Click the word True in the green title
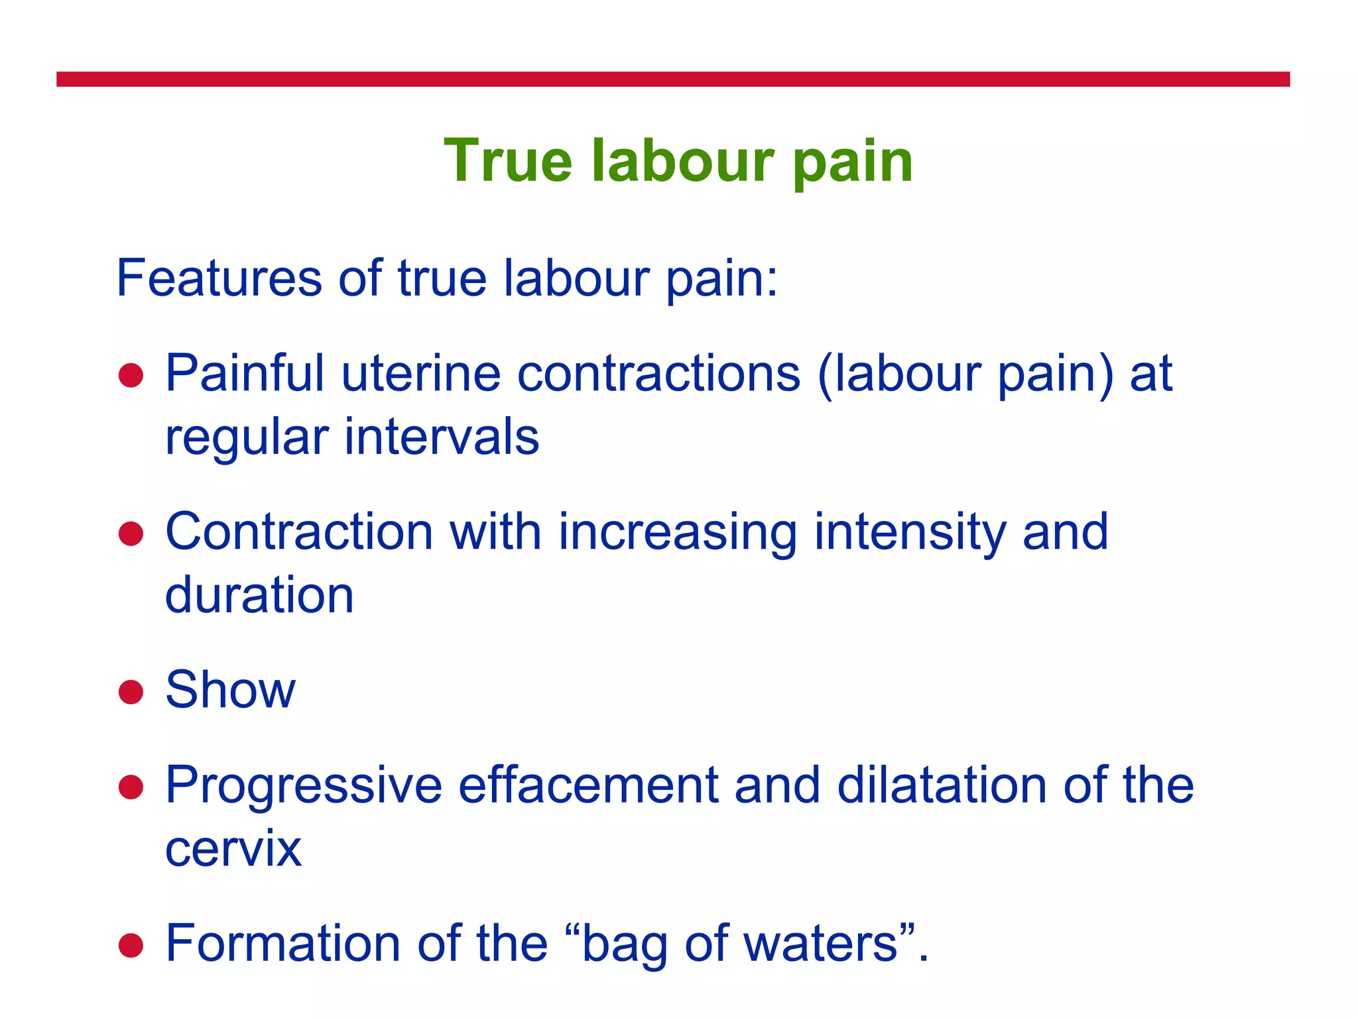point(507,161)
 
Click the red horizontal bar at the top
point(672,80)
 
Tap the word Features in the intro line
point(219,278)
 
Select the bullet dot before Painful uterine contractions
point(131,375)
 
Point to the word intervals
point(441,437)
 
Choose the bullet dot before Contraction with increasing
point(131,534)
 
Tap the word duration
point(259,595)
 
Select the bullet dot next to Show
point(131,692)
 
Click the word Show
point(230,691)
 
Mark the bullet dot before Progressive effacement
point(131,787)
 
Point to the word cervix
point(233,849)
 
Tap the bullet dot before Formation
point(131,946)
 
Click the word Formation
point(282,944)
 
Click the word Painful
point(245,374)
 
